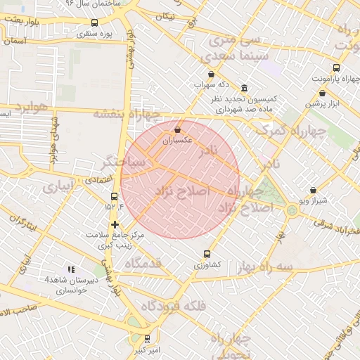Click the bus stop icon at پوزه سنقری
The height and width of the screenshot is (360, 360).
[x=95, y=22]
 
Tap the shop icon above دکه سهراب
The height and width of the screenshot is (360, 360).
[x=211, y=74]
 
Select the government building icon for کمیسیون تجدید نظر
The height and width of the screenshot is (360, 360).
[x=244, y=88]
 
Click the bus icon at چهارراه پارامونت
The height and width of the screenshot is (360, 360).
[x=336, y=68]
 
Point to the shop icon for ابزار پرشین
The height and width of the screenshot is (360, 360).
[x=322, y=93]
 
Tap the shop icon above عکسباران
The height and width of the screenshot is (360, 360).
[x=177, y=130]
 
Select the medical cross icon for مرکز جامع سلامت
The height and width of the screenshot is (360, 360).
[x=115, y=224]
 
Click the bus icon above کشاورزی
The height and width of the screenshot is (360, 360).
[x=207, y=254]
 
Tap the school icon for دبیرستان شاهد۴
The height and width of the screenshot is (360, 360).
[x=70, y=269]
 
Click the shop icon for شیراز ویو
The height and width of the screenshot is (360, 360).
[x=312, y=190]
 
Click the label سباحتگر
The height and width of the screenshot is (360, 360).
[x=123, y=162]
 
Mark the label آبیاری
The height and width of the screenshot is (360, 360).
[x=57, y=188]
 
